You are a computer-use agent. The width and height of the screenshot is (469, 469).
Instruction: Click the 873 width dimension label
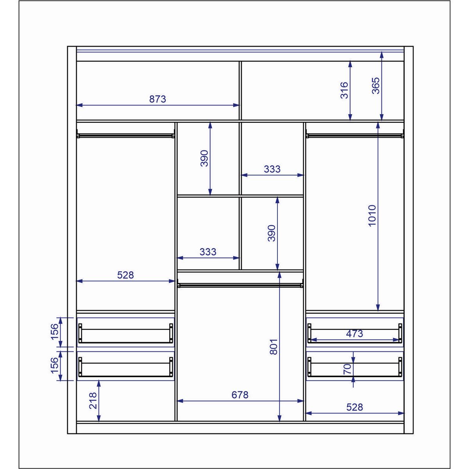coord(158,99)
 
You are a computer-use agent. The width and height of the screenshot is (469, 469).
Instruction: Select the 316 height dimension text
coord(344,90)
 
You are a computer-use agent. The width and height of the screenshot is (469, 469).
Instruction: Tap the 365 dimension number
coord(376,86)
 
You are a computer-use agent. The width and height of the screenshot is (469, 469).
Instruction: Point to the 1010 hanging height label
coord(372,216)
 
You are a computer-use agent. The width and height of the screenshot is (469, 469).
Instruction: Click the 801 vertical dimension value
coord(274,347)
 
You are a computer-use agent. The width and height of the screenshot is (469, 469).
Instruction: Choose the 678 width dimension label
coord(240,395)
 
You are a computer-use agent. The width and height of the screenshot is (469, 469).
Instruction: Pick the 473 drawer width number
coord(354,333)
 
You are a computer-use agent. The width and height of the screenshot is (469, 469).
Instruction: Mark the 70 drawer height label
coord(347,369)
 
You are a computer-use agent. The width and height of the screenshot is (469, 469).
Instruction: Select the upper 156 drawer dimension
coord(55,332)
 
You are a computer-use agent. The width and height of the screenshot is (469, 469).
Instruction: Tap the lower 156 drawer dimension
coord(55,365)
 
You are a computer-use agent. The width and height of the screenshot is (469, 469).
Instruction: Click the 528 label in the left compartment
coord(125,275)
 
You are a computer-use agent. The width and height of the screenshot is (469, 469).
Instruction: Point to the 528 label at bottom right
coord(354,407)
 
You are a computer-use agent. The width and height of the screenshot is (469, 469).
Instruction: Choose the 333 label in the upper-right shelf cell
coord(272,169)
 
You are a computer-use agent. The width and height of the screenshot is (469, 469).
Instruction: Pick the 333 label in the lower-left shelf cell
coord(208,252)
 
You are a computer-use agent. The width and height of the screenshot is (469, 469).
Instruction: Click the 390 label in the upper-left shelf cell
coord(204,158)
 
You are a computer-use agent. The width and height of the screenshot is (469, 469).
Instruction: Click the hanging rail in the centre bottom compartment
coord(240,284)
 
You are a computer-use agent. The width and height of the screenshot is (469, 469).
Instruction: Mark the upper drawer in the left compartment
coord(125,332)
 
